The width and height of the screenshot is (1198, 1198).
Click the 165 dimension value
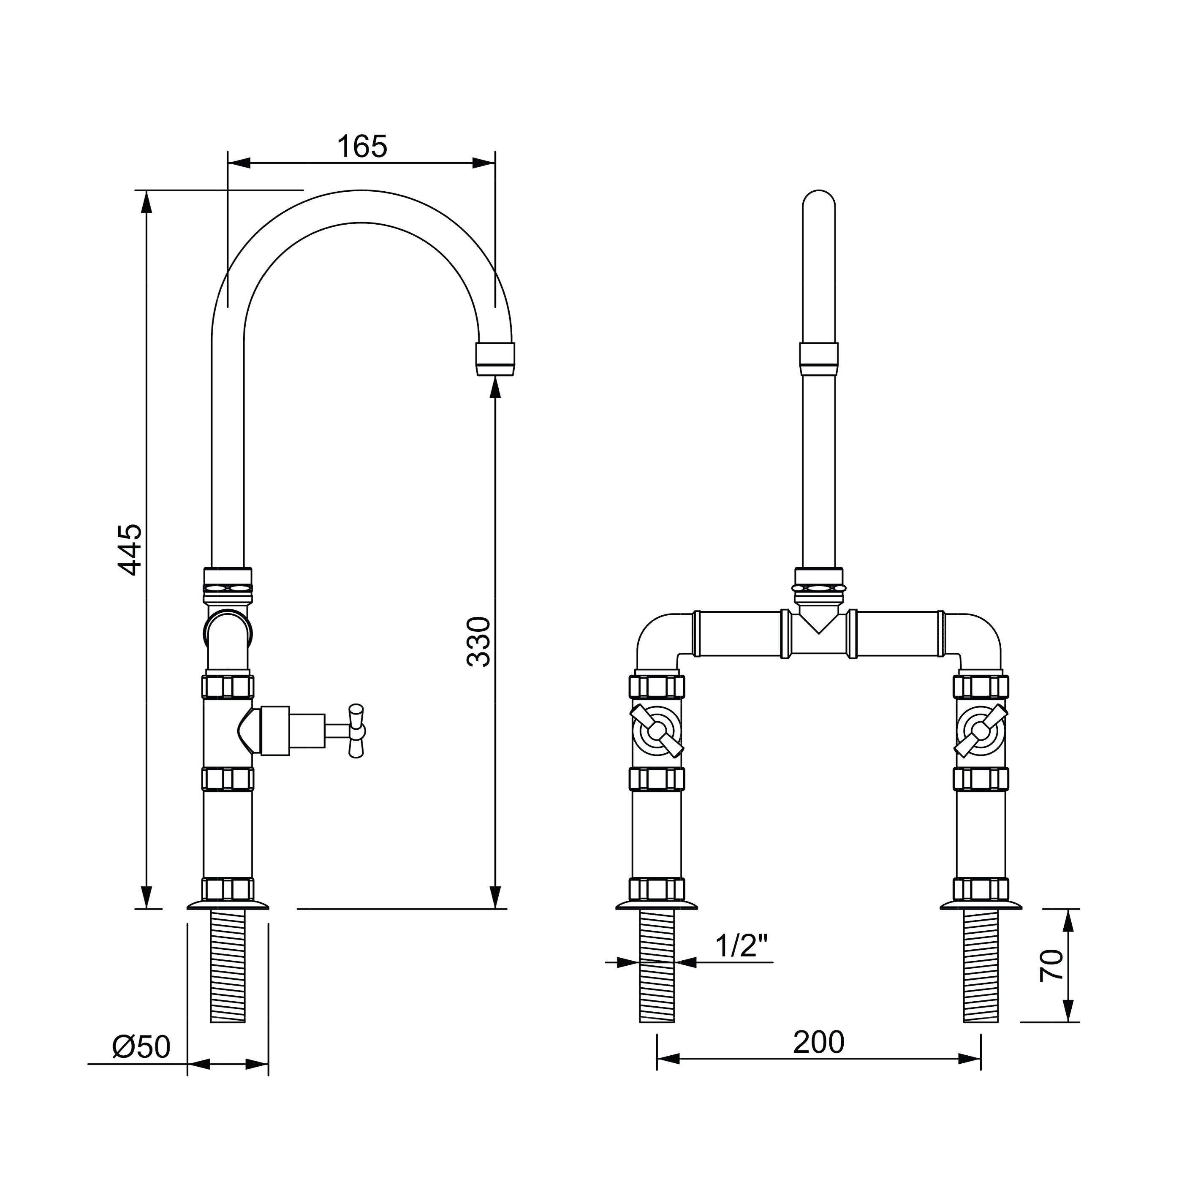[362, 147]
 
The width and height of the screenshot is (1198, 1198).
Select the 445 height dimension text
[130, 549]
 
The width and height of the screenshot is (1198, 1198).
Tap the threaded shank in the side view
[228, 966]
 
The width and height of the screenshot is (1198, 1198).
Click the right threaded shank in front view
[981, 966]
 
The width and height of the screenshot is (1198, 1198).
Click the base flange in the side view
[228, 905]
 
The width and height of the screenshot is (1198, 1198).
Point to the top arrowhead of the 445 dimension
[147, 201]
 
